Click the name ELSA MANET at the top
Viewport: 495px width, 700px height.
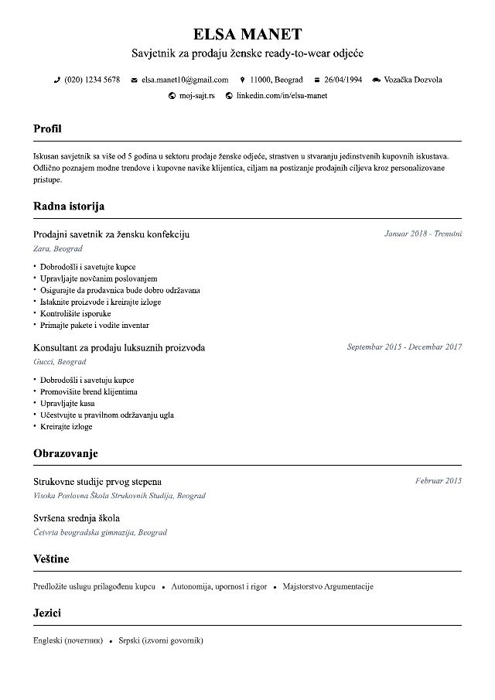point(247,34)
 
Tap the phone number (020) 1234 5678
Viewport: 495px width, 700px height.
point(91,80)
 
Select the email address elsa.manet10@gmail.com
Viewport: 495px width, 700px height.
point(185,80)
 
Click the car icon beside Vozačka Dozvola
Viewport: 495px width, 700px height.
point(377,80)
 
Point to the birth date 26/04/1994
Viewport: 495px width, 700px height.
point(343,80)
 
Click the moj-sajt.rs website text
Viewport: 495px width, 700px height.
point(197,96)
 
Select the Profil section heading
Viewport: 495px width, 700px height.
point(47,128)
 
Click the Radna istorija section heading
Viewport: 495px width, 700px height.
point(69,207)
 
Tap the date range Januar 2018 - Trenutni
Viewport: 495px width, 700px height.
point(422,234)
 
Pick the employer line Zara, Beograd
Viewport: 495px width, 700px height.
point(58,249)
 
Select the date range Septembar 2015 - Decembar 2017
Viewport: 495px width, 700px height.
point(404,347)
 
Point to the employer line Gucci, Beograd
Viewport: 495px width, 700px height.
point(60,362)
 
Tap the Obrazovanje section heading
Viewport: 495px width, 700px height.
point(66,453)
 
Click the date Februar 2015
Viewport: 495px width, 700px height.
point(438,481)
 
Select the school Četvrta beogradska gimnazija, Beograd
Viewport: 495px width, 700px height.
point(101,532)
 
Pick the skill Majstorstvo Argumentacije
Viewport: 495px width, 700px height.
point(328,586)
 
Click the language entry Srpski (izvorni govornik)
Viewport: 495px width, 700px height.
point(161,640)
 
